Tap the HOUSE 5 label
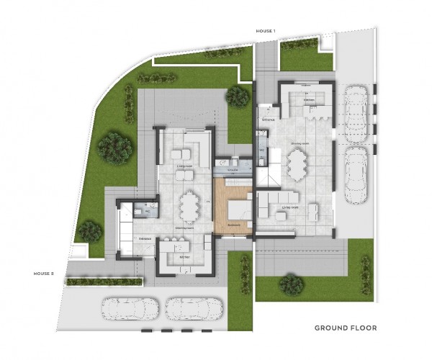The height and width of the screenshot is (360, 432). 43,274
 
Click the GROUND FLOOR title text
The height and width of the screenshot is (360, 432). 346,328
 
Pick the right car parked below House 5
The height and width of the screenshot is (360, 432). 193,310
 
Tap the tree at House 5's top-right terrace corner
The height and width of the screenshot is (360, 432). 237,96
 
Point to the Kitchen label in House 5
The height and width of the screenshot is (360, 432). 184,256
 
